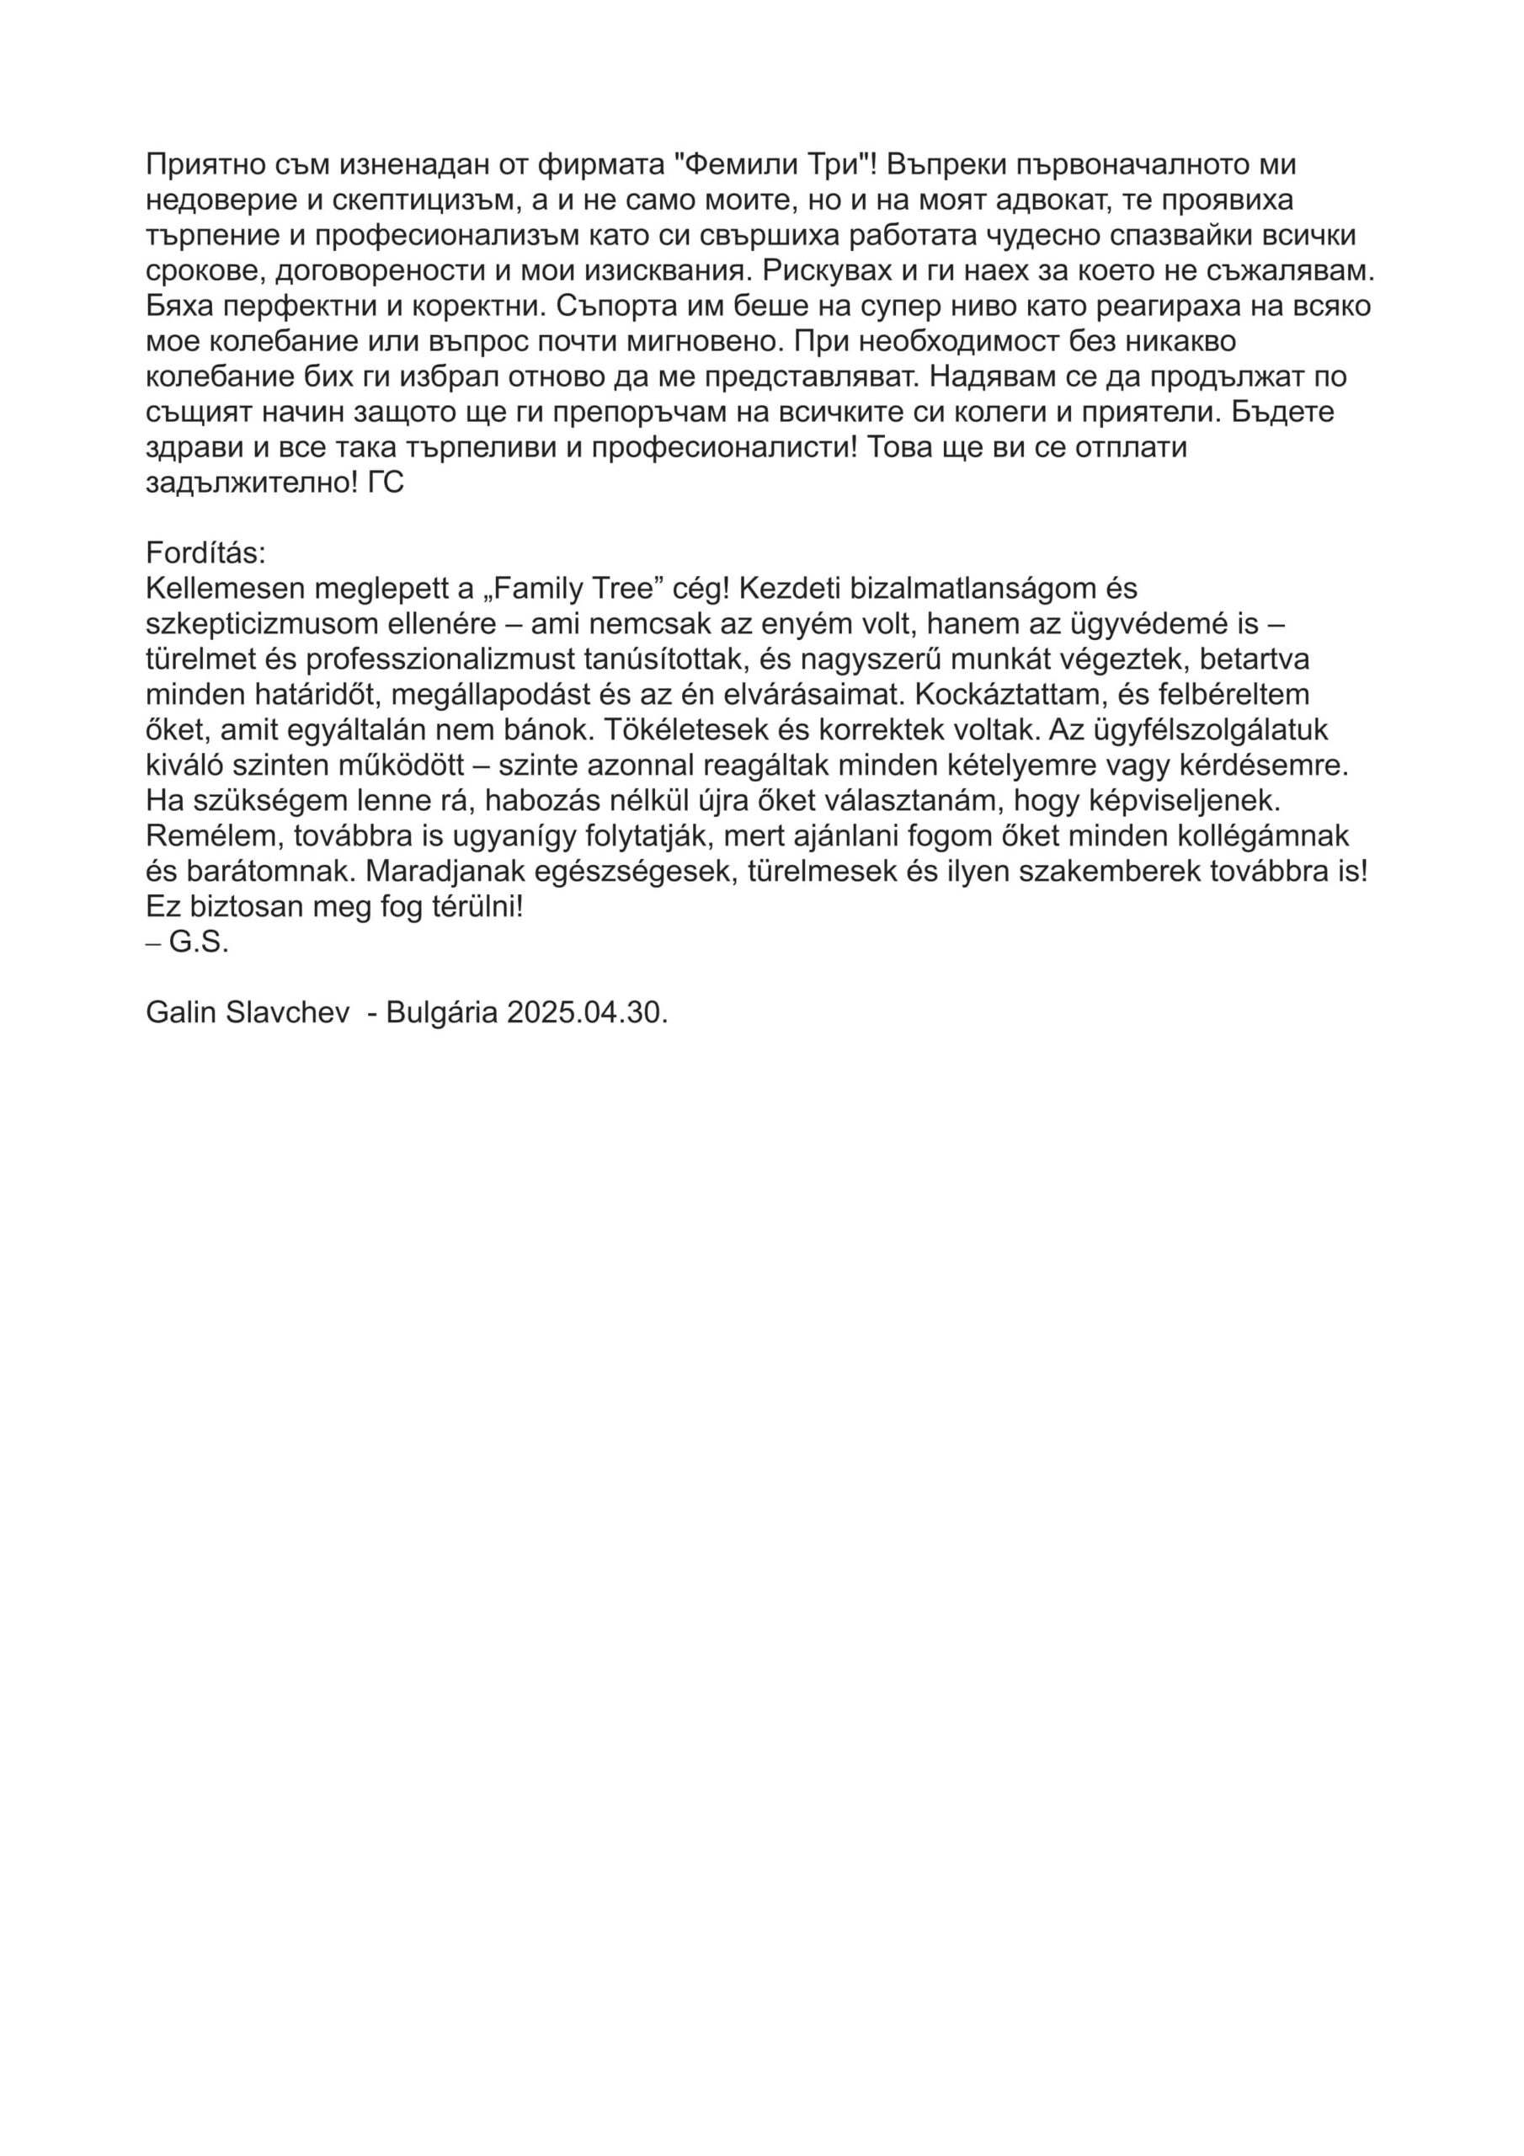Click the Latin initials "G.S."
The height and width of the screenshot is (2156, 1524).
[199, 942]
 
